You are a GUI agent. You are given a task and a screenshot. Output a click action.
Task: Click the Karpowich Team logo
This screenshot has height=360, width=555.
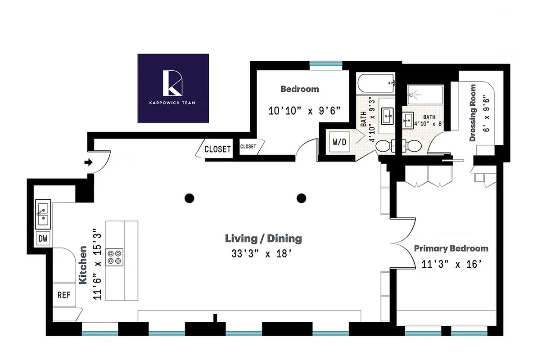tap(173, 88)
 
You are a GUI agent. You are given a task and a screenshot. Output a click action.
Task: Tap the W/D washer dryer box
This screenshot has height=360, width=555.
tap(340, 143)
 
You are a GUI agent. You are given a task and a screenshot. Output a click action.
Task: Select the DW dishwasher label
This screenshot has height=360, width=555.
tap(43, 238)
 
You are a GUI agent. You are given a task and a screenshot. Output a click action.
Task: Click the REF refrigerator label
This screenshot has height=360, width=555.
tap(64, 295)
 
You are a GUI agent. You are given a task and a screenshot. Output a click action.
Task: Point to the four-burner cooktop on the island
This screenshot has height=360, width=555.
tap(114, 256)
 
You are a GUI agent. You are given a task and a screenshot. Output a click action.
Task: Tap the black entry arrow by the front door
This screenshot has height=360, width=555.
tap(89, 162)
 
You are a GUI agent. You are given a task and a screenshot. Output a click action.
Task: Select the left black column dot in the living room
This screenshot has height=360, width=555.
tap(190, 198)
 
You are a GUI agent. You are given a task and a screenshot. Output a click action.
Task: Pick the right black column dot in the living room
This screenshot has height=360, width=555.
tap(301, 198)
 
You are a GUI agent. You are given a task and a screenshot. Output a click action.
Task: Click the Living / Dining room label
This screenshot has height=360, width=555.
tap(263, 238)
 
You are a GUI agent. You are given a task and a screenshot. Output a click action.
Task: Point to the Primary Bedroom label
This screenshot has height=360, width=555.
tap(451, 248)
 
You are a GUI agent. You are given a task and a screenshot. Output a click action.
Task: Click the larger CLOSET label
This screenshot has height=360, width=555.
tap(217, 149)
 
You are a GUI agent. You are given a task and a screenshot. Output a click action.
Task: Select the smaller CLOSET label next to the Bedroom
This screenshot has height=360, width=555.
tap(248, 147)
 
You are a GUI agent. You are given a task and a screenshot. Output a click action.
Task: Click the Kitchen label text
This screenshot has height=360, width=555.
tap(83, 265)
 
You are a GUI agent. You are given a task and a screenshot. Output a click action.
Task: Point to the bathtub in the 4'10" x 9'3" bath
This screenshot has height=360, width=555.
tap(376, 83)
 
